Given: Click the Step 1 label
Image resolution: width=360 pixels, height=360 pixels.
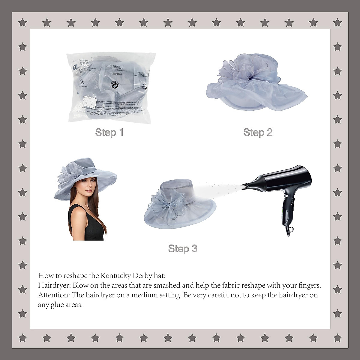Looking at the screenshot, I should (109, 132).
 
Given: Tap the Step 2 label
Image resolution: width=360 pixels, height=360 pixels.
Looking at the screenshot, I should (258, 132).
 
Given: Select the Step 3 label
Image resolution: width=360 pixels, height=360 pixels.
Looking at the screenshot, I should (182, 248).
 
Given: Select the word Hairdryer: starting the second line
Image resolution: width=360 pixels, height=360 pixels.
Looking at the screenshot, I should (54, 285).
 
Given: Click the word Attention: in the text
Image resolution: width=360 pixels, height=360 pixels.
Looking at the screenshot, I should (54, 295).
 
